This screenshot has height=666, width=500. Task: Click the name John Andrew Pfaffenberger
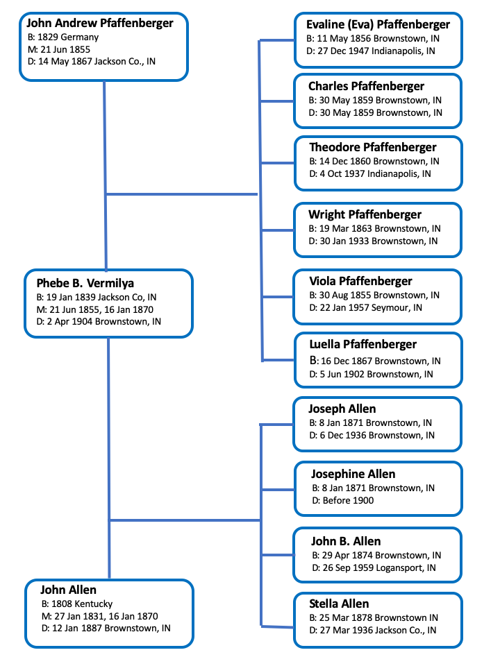pos(100,24)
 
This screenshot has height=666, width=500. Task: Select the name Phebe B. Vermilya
pos(85,283)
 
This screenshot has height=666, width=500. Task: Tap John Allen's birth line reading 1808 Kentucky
pos(77,604)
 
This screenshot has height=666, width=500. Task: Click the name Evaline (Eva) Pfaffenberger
pos(378,25)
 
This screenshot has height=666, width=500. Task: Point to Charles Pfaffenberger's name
pos(366,86)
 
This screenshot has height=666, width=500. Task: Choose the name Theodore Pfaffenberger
pos(372,147)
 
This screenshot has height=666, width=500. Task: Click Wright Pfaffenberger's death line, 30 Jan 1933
pos(373,241)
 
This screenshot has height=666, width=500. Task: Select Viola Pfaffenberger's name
pos(360,281)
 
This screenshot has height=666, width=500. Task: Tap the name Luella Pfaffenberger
pos(362,344)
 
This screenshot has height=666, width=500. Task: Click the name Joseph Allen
pos(342,409)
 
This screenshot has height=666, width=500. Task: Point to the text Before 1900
pos(348,500)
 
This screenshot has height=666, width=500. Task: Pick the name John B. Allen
pos(346,541)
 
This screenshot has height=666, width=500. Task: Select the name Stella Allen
pos(339,604)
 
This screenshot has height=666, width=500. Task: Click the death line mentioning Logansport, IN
pos(374,568)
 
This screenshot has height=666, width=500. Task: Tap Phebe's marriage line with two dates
pos(95,309)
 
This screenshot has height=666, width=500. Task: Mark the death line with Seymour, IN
pos(366,307)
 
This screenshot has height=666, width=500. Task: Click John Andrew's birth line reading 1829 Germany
pos(63,37)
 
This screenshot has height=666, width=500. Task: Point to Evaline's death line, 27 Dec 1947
pos(371,51)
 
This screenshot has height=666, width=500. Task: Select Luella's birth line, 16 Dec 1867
pos(375,361)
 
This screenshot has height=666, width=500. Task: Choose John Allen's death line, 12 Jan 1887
pos(106,629)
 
